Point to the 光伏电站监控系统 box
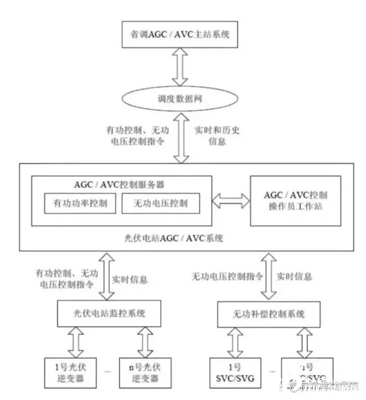pos(102,313)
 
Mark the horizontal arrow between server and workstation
pos(231,200)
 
